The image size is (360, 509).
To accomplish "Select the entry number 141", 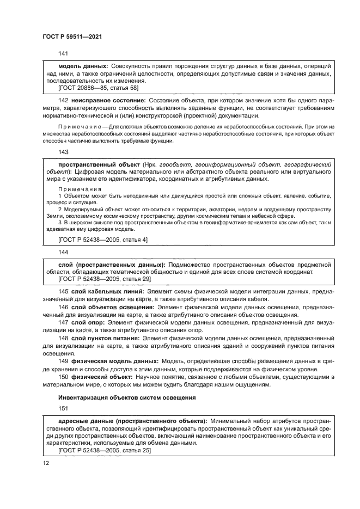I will click(63, 53).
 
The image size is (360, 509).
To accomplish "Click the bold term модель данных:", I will click(83, 66).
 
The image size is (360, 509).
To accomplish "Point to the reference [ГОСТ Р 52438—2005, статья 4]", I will click(102, 239).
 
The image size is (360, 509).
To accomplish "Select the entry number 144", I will click(63, 253).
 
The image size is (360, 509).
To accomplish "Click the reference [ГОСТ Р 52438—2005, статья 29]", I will click(104, 279).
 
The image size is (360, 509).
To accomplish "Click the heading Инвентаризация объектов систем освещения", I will click(126, 397).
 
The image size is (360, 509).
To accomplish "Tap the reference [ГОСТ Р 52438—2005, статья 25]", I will click(104, 450).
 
